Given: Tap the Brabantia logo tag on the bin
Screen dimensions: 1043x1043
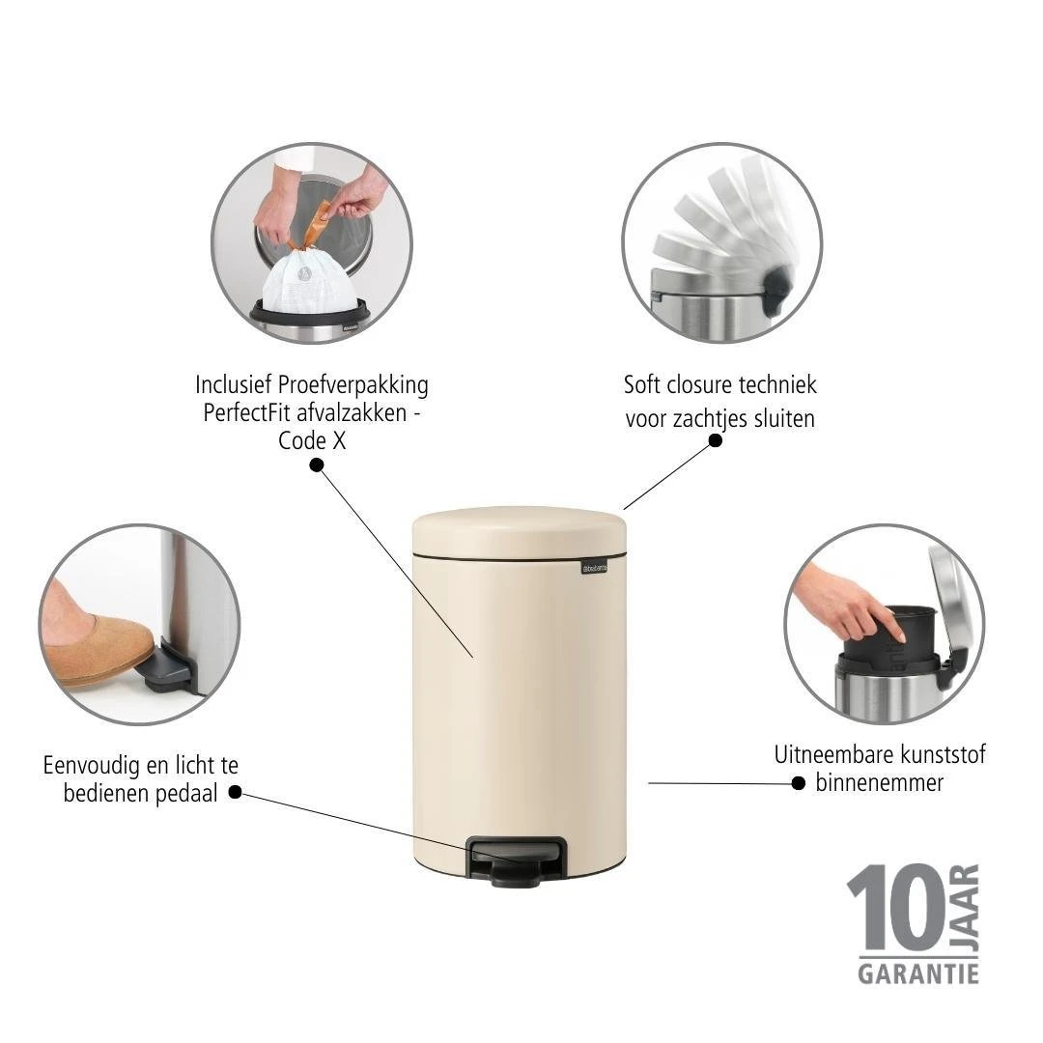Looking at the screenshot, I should (595, 566).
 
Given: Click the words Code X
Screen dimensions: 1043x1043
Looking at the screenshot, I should (312, 440).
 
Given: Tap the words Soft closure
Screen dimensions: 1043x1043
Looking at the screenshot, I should (678, 384).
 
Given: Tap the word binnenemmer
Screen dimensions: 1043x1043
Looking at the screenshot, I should (879, 782).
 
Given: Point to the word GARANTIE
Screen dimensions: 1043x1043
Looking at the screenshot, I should (917, 971).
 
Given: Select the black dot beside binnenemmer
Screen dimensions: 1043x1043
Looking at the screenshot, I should (798, 783).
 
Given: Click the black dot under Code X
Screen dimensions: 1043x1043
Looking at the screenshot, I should (316, 465).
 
